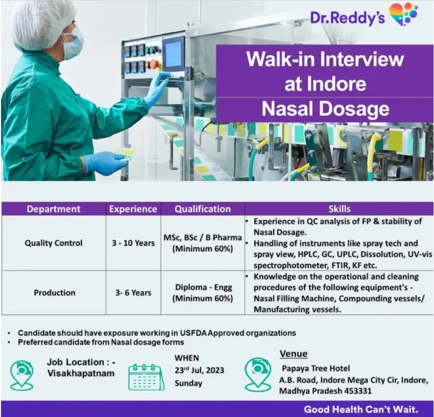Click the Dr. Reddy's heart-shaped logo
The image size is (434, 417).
[403, 14]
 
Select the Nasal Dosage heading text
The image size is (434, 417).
[325, 109]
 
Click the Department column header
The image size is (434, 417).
[54, 209]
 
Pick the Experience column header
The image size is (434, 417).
[133, 209]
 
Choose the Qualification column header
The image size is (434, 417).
[203, 209]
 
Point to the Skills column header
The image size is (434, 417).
[340, 209]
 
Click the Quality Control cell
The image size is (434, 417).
[54, 243]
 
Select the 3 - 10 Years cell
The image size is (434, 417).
[133, 243]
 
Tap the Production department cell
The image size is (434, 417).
[54, 293]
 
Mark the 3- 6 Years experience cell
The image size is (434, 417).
[133, 293]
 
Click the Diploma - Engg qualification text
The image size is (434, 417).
[204, 287]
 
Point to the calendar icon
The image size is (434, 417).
[146, 377]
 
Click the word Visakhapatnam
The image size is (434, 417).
[81, 373]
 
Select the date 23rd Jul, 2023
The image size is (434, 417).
[199, 370]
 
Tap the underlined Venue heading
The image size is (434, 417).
[294, 354]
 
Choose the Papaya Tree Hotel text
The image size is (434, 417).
[316, 368]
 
